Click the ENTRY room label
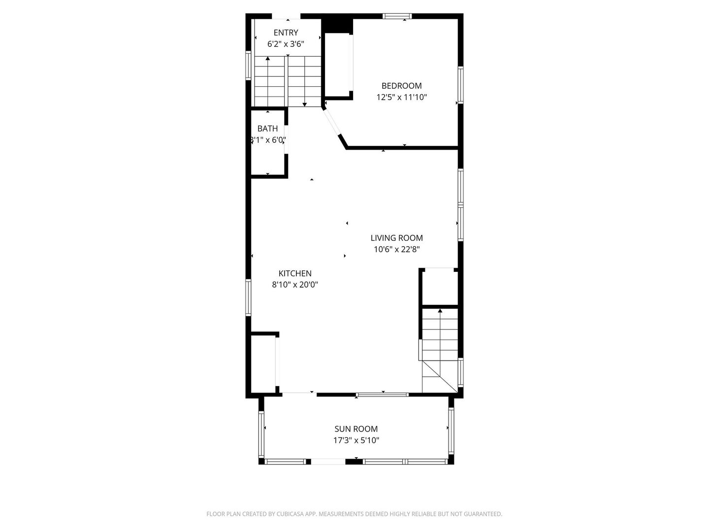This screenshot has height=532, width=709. point(286,33)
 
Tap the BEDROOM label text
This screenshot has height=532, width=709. point(401,86)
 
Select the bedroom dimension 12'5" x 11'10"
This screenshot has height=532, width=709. point(401,98)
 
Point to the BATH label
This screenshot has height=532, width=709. point(267,129)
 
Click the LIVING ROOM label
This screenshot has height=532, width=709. point(396,238)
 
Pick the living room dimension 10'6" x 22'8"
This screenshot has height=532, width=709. point(396,249)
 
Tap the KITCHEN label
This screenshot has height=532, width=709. point(295,273)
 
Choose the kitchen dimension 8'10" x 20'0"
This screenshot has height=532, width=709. point(295,285)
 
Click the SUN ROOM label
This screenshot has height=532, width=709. point(356,429)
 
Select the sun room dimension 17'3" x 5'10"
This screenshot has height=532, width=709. point(356,440)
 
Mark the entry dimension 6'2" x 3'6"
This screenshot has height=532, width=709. point(286,44)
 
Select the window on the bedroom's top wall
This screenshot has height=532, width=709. point(398,16)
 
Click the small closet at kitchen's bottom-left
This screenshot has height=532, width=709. point(264,364)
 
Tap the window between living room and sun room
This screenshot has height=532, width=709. point(383,394)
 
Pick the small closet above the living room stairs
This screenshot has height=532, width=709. point(439,287)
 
